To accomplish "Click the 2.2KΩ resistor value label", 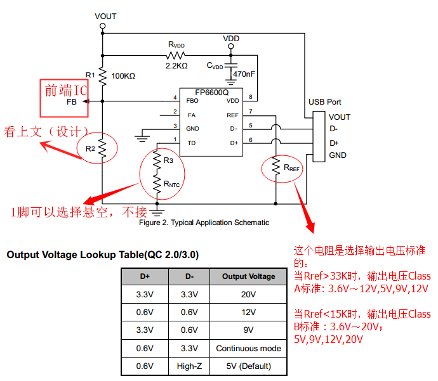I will coord(176,65).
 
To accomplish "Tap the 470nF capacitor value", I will coord(244,74).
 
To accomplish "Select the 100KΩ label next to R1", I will coord(123,75).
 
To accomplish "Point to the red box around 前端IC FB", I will coord(64,98).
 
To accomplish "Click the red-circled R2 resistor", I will coord(100,148).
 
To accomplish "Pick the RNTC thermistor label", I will coord(171,184).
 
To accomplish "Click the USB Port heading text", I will coord(324,101).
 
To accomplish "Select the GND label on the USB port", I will coord(338,155).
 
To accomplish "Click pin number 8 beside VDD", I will coord(251,97).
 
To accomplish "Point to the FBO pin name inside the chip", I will coord(192,101).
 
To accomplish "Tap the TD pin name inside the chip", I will coord(191,143).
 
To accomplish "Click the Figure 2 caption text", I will coord(204,223).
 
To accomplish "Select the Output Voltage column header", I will coord(248,276).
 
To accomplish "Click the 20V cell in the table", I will coord(248,294).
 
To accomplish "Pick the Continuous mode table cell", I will coord(248,348).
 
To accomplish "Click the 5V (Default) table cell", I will coord(248,366).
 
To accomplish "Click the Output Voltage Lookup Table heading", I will coord(102,255).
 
